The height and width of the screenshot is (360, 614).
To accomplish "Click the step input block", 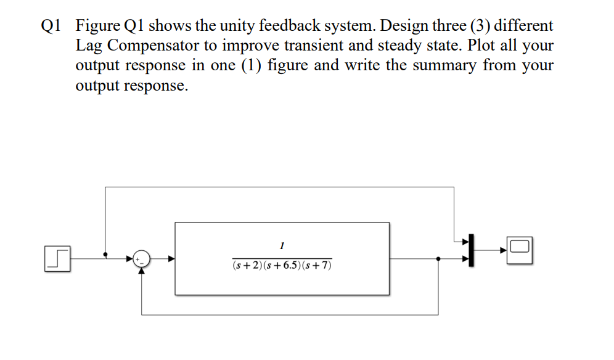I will pyautogui.click(x=56, y=258).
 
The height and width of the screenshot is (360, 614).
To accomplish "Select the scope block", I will pyautogui.click(x=520, y=250).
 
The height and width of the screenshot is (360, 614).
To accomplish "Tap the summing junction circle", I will pyautogui.click(x=141, y=258).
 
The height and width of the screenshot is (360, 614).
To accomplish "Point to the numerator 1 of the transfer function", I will pyautogui.click(x=282, y=246).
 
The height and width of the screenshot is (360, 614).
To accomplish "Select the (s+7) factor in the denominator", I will pyautogui.click(x=318, y=266).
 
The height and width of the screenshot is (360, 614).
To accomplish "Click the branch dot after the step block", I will pyautogui.click(x=105, y=254).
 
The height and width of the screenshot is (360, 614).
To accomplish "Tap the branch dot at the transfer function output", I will pyautogui.click(x=438, y=259).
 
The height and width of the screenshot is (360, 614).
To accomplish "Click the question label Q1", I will pyautogui.click(x=51, y=27).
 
